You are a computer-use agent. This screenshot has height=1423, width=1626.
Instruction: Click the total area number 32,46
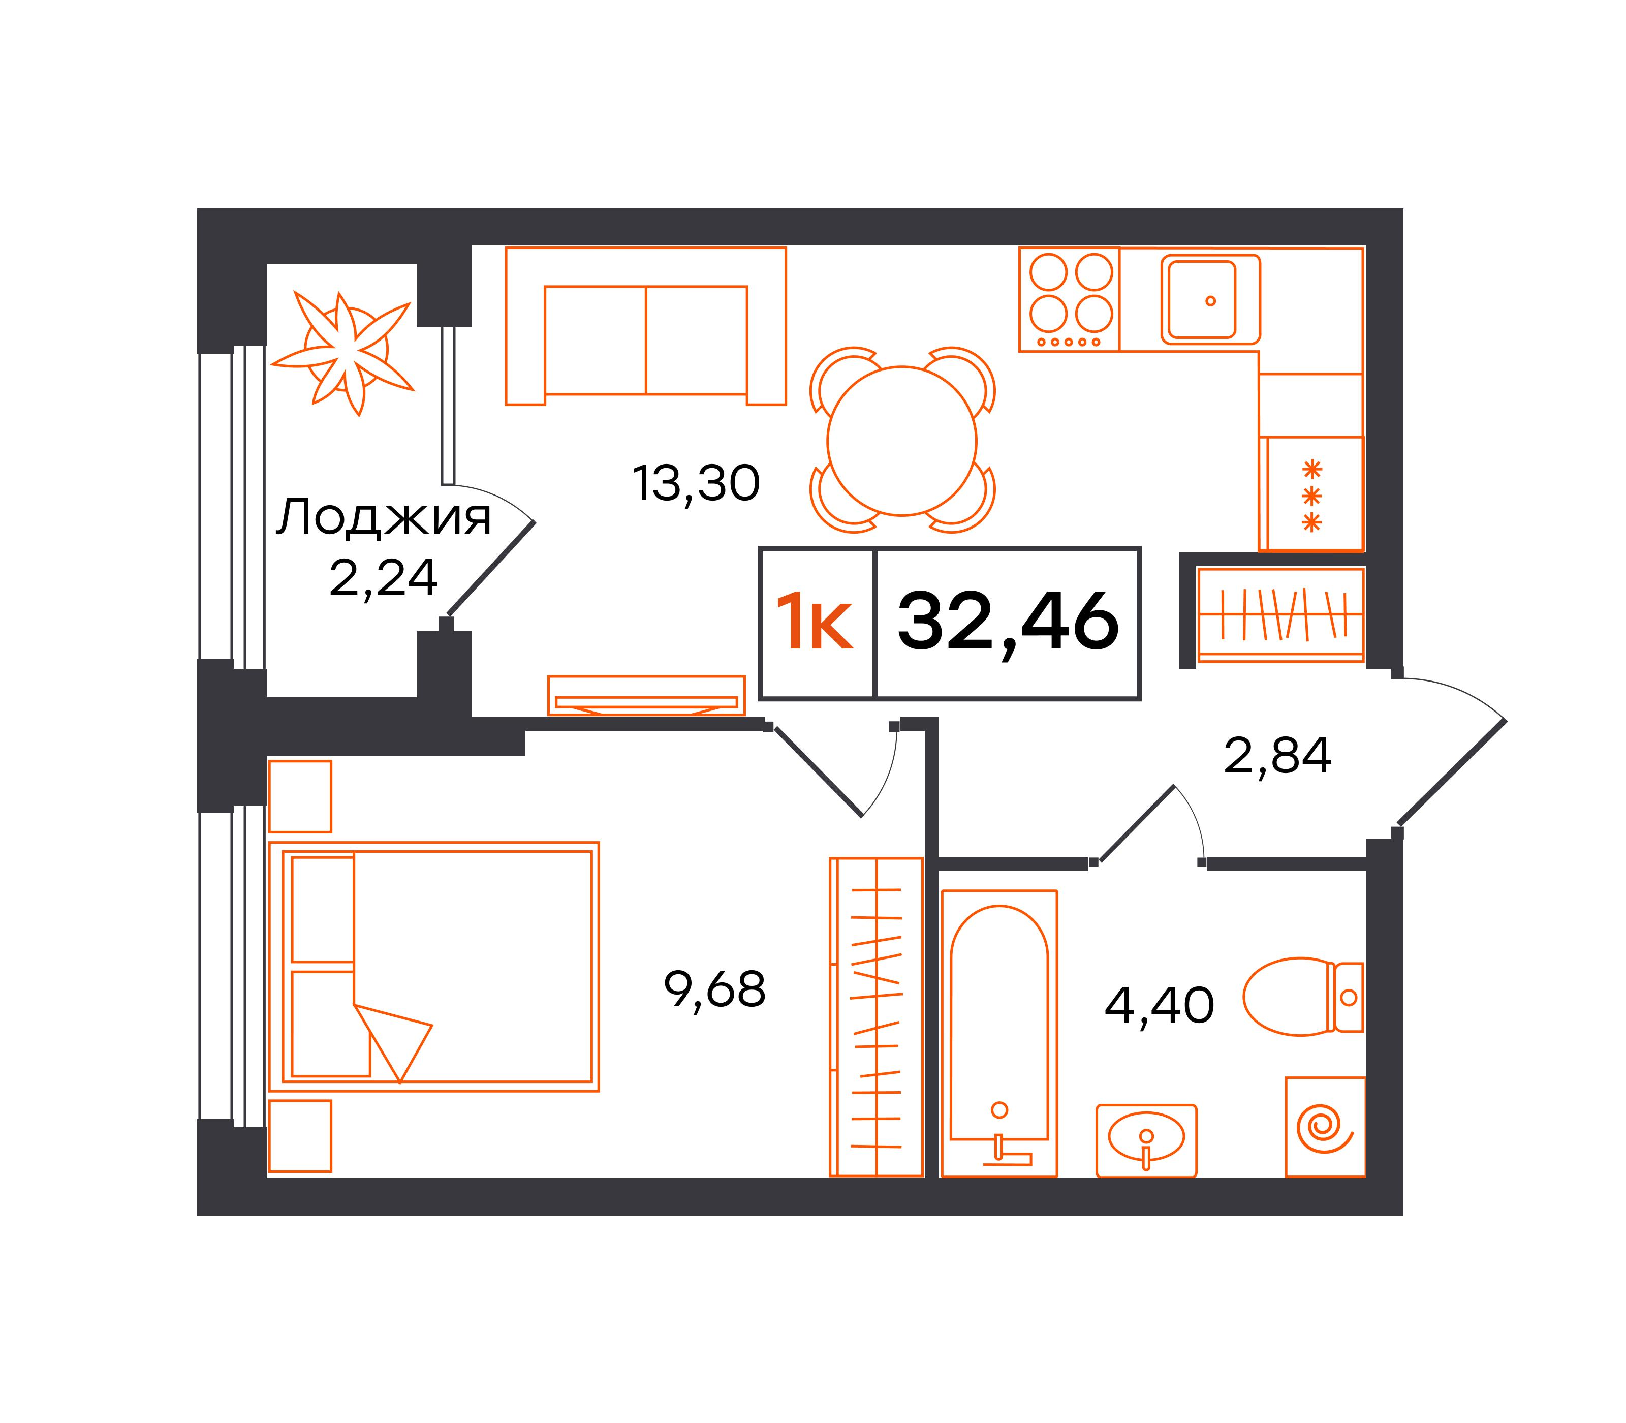(1008, 624)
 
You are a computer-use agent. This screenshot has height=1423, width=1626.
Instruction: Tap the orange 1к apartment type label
(815, 624)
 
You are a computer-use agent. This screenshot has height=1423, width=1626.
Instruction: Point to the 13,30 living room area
(696, 484)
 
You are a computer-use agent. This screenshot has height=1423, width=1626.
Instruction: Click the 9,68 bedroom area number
(714, 990)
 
